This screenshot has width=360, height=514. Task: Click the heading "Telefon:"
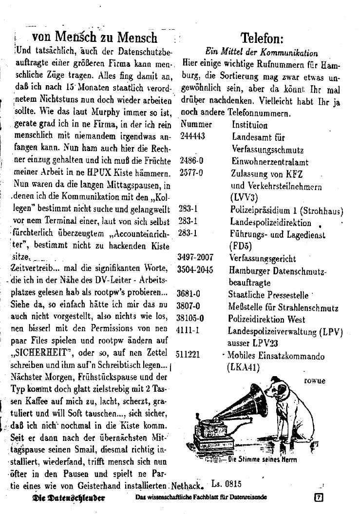click(x=262, y=38)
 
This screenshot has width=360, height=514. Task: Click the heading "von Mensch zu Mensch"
click(x=95, y=38)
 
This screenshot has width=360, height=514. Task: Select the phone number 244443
click(x=192, y=136)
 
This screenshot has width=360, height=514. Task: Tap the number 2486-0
click(x=191, y=161)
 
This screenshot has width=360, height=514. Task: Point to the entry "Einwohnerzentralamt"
click(x=269, y=162)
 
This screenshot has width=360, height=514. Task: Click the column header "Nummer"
click(x=196, y=125)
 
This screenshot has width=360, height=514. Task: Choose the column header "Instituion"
click(x=249, y=125)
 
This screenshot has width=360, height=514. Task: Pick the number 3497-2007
click(x=195, y=258)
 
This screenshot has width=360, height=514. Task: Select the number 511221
click(x=189, y=355)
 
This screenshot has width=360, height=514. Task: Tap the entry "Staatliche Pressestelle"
click(x=268, y=295)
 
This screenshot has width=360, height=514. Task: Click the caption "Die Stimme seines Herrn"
click(x=262, y=459)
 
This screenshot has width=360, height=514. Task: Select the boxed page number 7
click(x=319, y=498)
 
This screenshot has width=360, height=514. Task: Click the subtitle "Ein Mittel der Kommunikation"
click(x=262, y=53)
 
